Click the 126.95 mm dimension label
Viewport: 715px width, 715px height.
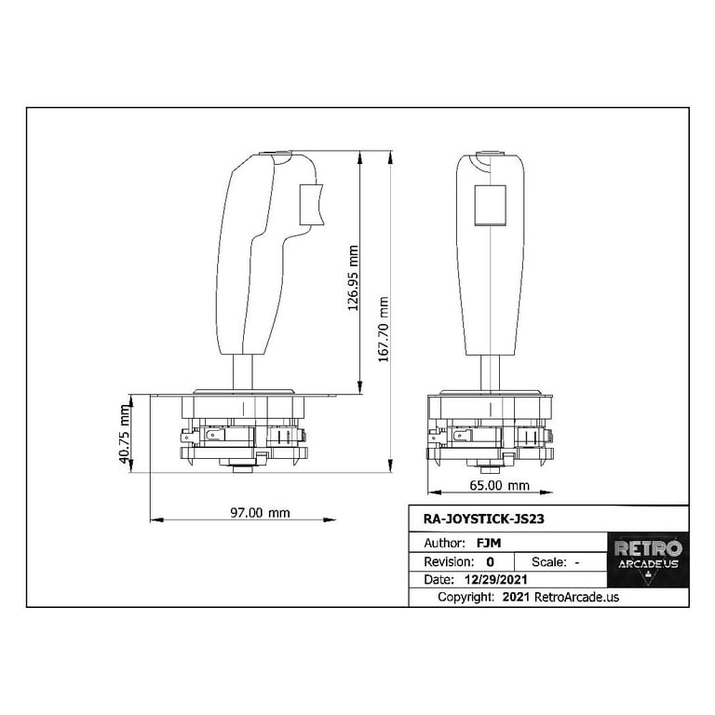click(x=354, y=277)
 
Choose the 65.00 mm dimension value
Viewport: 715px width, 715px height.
click(x=499, y=486)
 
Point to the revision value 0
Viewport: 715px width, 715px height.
click(x=490, y=562)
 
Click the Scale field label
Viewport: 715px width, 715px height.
click(x=548, y=562)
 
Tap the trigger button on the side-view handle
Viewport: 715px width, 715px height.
click(x=309, y=204)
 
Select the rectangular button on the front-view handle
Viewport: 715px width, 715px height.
click(x=490, y=205)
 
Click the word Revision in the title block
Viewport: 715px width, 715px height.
click(x=449, y=562)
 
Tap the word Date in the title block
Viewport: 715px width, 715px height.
click(x=438, y=580)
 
